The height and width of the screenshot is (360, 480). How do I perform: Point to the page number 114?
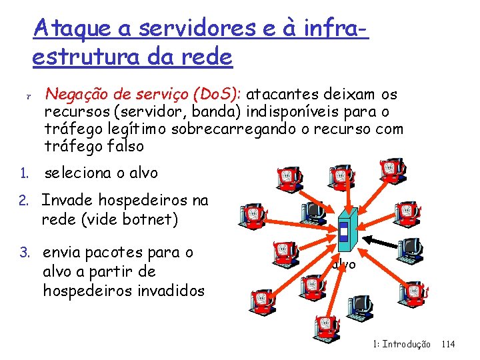[448, 344]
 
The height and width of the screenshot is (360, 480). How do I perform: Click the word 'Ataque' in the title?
[67, 29]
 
